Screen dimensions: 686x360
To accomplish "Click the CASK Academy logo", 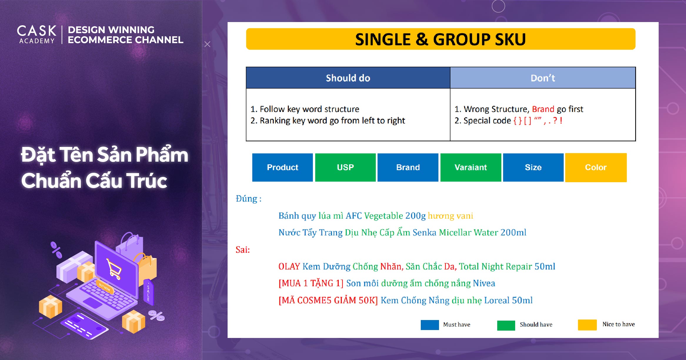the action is [x=36, y=34].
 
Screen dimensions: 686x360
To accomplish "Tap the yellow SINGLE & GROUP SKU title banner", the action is [x=440, y=39].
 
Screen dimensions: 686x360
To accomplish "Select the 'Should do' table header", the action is [x=348, y=78].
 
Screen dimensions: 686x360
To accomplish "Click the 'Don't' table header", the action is [x=543, y=78].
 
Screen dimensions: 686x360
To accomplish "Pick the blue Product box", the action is [x=282, y=167].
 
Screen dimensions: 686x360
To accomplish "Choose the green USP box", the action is [x=345, y=167].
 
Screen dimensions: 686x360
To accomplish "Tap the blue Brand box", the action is [x=408, y=167].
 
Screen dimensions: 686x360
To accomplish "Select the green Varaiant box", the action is [x=471, y=167].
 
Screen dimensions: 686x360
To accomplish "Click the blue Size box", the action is [x=533, y=167].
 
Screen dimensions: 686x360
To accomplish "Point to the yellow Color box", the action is [x=596, y=168].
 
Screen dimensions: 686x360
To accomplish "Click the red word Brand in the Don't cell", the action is [x=543, y=109].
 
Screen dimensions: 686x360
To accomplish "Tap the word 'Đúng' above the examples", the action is [x=246, y=198].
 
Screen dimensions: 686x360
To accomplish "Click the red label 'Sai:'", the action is [x=243, y=250].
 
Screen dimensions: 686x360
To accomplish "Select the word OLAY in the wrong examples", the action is [x=289, y=267].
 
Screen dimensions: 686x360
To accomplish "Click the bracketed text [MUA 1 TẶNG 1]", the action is [x=311, y=283].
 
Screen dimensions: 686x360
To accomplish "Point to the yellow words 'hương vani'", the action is [x=450, y=216].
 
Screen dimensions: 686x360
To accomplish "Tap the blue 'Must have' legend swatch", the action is [x=430, y=325].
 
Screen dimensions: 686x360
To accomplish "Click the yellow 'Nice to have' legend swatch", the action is [x=587, y=325].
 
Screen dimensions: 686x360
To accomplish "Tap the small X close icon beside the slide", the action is [x=207, y=44].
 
